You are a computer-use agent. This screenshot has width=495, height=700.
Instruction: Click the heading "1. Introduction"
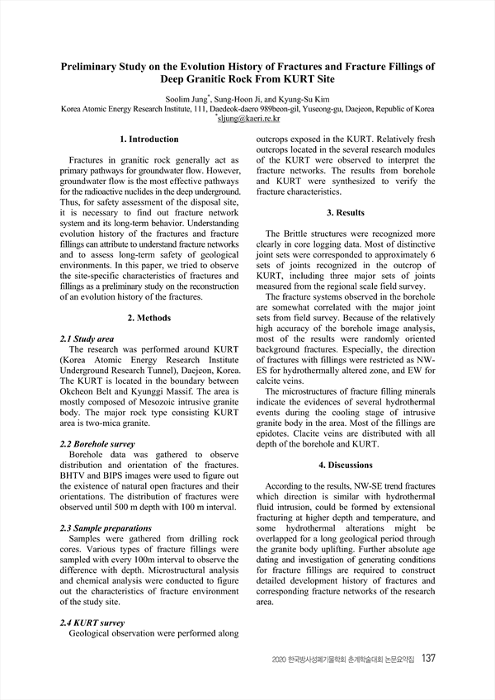pos(148,140)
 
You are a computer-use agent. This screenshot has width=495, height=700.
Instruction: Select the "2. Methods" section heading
pos(148,318)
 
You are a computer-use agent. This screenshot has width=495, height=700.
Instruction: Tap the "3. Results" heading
pos(346,213)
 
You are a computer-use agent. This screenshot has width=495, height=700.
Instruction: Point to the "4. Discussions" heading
pos(346,465)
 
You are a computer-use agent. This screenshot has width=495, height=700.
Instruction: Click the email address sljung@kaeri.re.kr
pos(249,120)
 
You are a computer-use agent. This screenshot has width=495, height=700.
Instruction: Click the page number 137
pos(428,659)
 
